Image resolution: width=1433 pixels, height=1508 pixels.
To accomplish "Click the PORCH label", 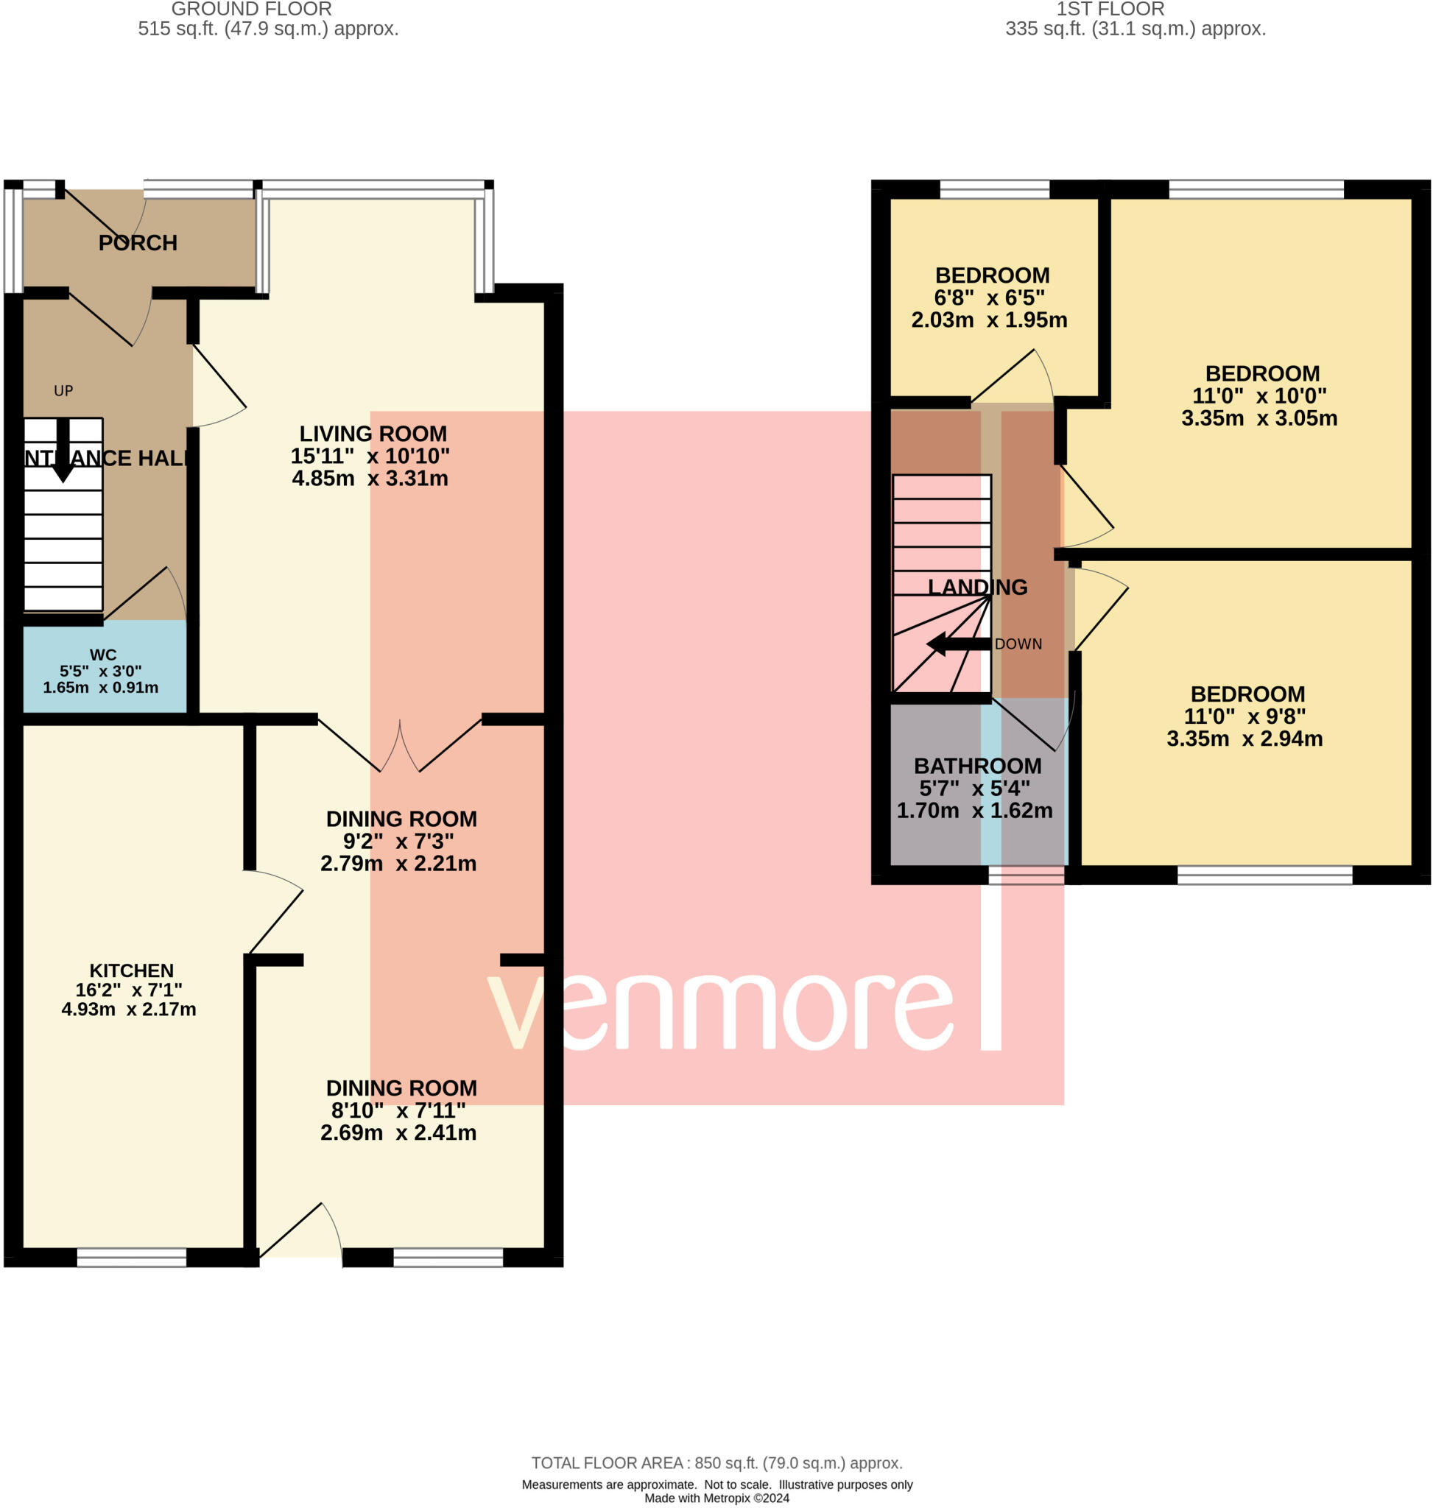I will pyautogui.click(x=138, y=243).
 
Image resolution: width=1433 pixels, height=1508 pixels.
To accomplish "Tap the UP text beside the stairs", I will pyautogui.click(x=63, y=391).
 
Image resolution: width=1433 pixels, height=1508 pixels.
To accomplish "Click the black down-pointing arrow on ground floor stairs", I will pyautogui.click(x=63, y=451).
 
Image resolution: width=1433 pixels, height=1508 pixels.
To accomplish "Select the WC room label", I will pyautogui.click(x=103, y=655).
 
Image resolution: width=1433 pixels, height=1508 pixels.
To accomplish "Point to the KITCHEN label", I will pyautogui.click(x=131, y=970).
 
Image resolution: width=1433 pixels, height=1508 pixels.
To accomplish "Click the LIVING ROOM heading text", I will pyautogui.click(x=373, y=434).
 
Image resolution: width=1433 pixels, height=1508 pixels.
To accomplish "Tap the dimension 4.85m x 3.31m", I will pyautogui.click(x=370, y=478).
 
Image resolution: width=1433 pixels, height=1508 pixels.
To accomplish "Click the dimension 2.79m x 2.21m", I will pyautogui.click(x=398, y=863).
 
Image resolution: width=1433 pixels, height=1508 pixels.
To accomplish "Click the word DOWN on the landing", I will pyautogui.click(x=1018, y=644).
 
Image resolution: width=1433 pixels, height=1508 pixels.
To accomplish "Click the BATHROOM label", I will pyautogui.click(x=977, y=766).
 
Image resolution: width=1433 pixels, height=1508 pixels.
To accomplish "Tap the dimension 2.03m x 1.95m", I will pyautogui.click(x=988, y=320).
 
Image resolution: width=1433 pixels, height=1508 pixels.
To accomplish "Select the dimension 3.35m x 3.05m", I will pyautogui.click(x=1258, y=418).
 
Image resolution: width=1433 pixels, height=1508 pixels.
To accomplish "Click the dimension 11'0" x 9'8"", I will pyautogui.click(x=1244, y=716).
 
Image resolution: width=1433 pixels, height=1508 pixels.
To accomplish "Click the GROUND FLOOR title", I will pyautogui.click(x=251, y=9).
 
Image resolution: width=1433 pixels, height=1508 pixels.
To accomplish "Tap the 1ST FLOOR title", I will pyautogui.click(x=1110, y=9).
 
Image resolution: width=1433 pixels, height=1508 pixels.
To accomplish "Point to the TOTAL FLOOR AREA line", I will pyautogui.click(x=716, y=1463).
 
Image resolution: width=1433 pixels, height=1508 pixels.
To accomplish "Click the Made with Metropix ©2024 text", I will pyautogui.click(x=716, y=1498).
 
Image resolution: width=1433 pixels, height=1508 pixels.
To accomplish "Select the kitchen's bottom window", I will pyautogui.click(x=131, y=1258).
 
